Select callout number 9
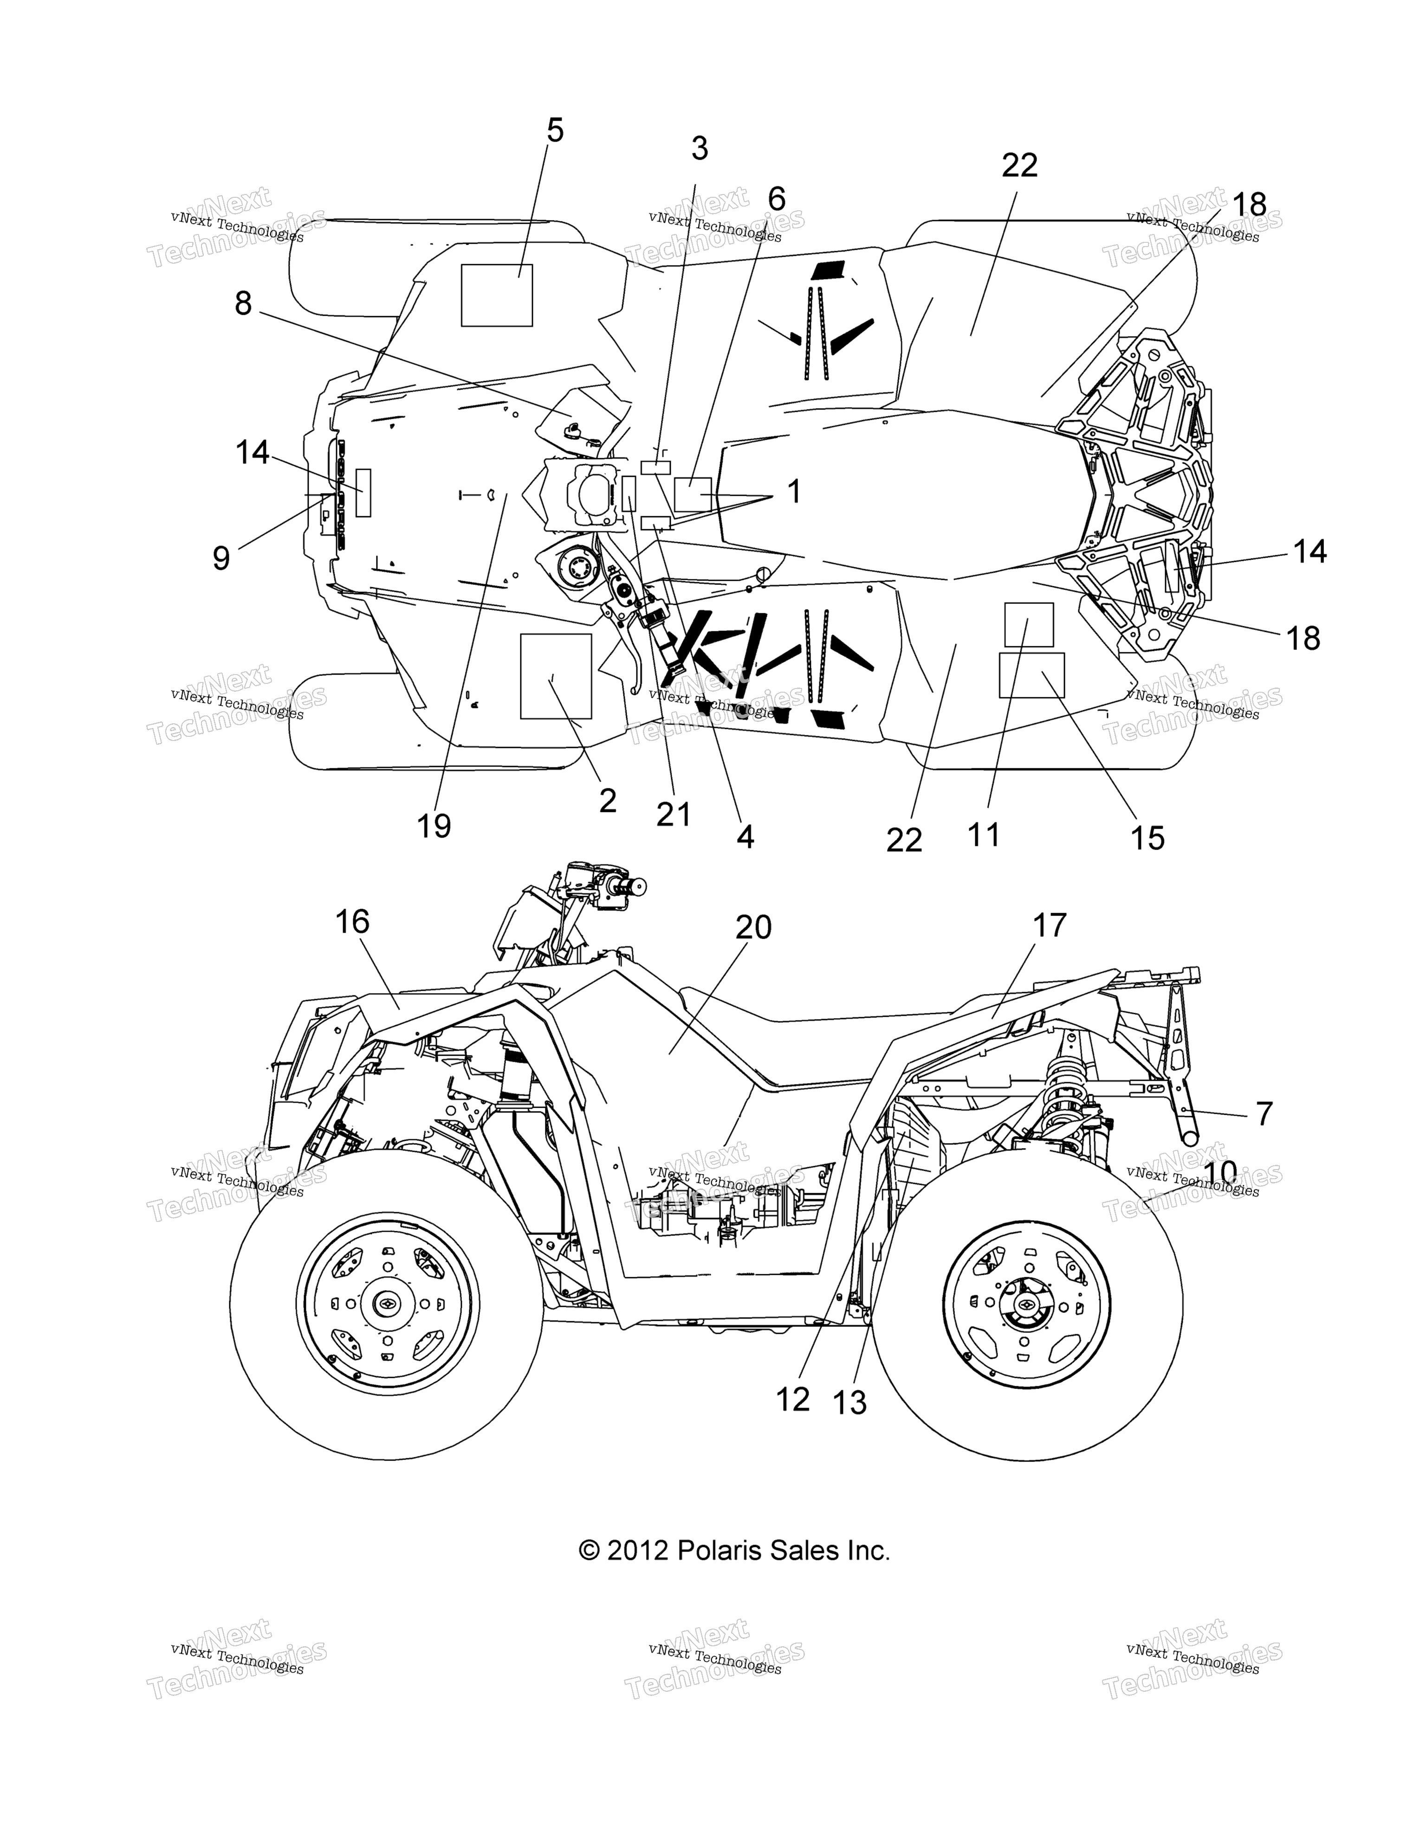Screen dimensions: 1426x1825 (220, 558)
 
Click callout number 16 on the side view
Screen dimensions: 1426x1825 (352, 922)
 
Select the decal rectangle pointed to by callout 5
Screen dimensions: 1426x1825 (497, 294)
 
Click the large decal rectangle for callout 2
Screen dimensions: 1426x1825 (556, 676)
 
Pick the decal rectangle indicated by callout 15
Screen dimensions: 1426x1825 (1032, 675)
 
